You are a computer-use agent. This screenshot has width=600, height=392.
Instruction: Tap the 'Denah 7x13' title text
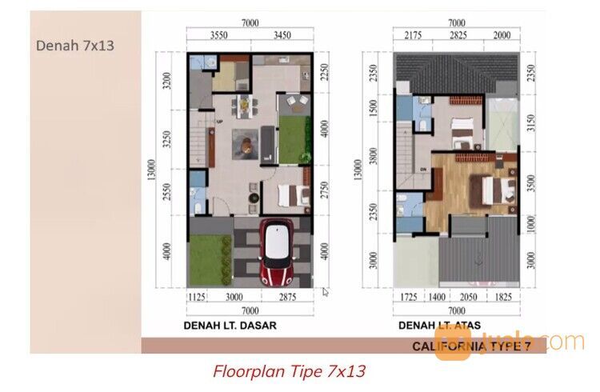pos(75,46)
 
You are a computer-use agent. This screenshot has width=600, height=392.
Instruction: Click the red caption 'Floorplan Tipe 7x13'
pos(289,371)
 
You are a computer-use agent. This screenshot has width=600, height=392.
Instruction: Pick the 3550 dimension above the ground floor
pos(219,36)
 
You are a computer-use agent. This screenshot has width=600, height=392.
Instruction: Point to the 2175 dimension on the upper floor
pos(413,36)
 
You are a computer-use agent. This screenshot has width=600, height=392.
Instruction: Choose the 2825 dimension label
pos(458,36)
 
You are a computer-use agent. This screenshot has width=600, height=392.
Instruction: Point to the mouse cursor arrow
pos(326,292)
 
